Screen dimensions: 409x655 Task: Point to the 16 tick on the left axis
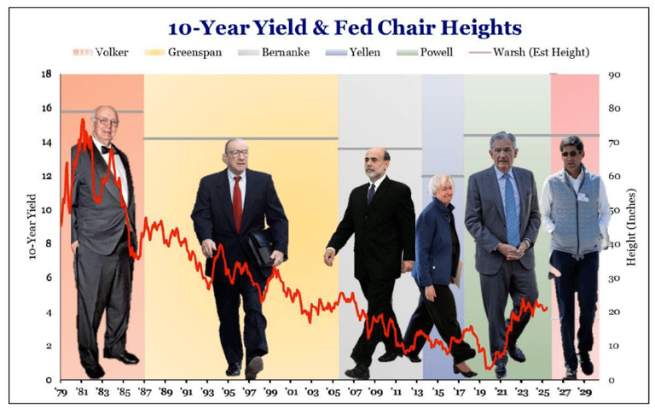(x=46, y=108)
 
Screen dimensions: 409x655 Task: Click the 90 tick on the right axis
(x=613, y=75)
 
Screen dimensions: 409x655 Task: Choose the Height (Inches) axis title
(x=632, y=227)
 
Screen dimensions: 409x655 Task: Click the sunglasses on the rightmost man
(x=571, y=151)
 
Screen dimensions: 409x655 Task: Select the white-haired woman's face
(x=444, y=187)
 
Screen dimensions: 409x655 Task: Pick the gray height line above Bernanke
(x=380, y=149)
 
